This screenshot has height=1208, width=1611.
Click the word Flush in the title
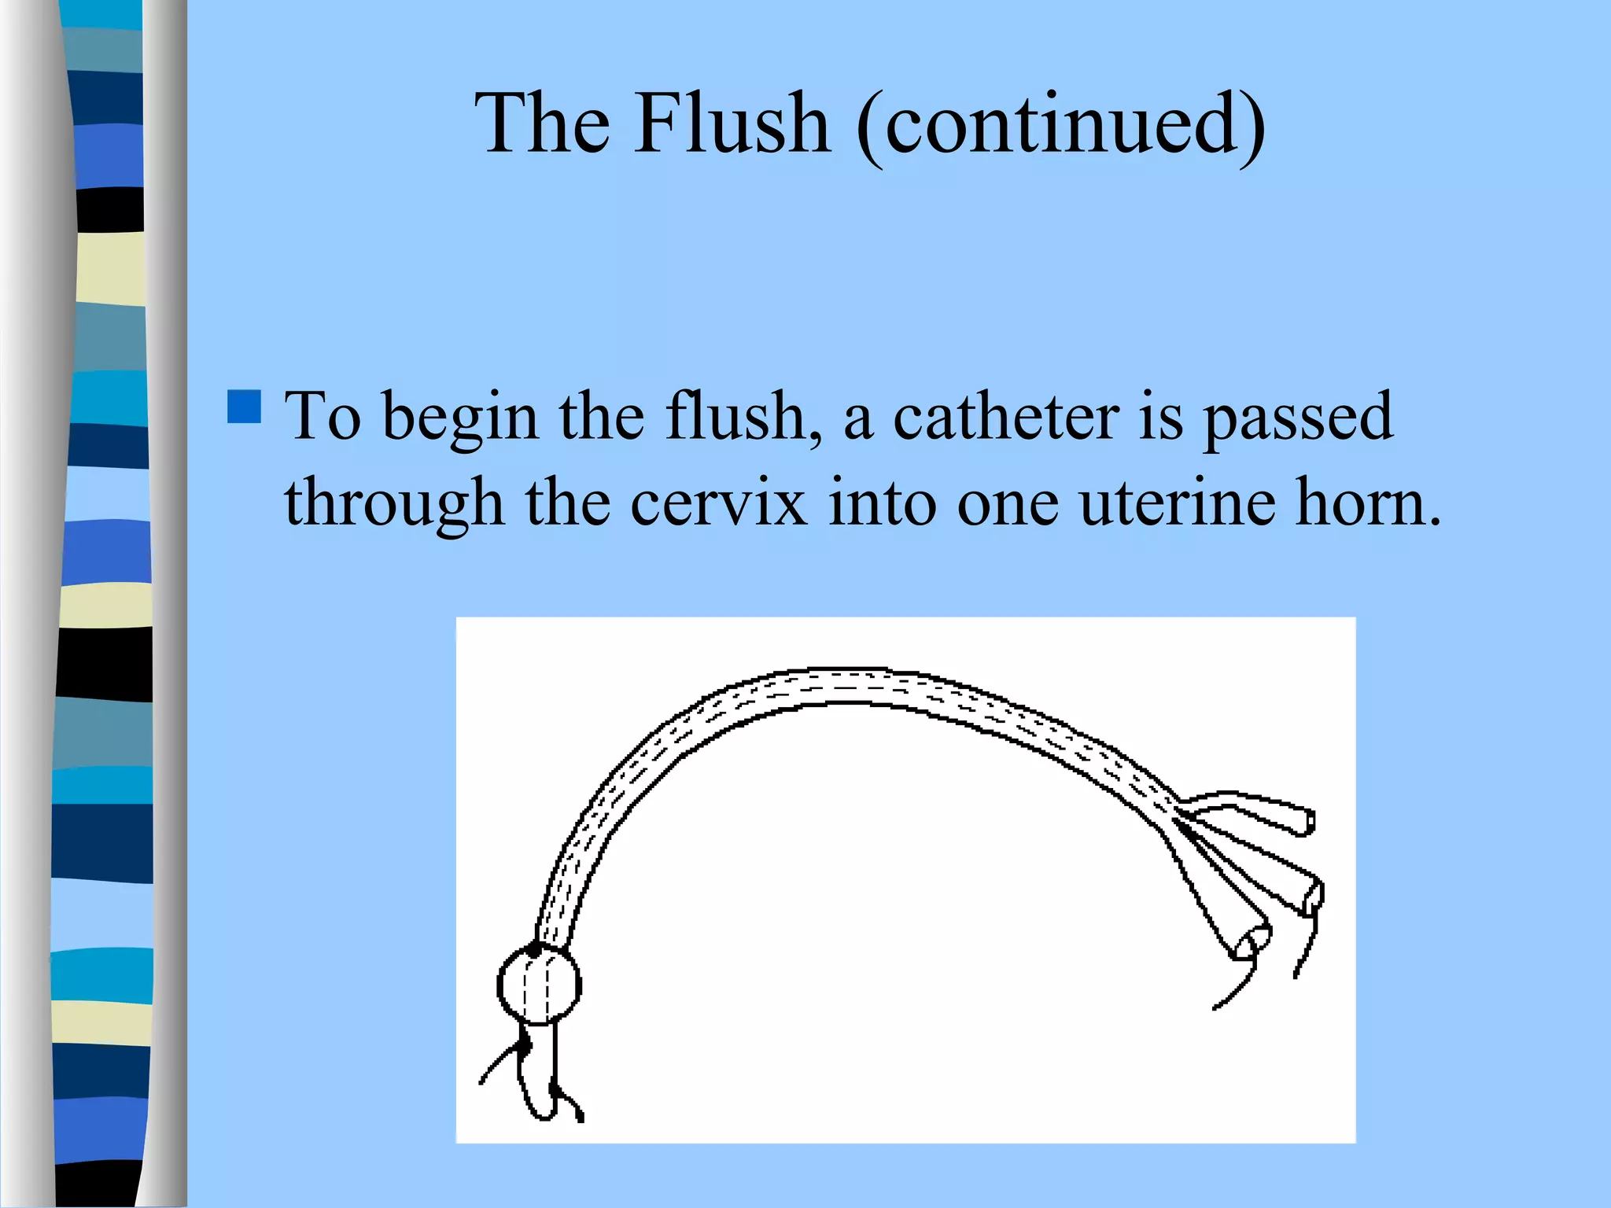(732, 123)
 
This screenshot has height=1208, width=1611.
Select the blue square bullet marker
(244, 407)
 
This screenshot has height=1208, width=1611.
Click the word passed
(1298, 417)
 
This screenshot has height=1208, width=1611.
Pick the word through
(394, 503)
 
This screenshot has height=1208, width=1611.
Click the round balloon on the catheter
(539, 984)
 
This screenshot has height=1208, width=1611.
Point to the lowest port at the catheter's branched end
(1251, 943)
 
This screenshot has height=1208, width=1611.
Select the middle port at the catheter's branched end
(1314, 896)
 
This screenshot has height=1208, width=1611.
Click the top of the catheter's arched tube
(842, 685)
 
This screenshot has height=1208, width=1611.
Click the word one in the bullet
(1008, 503)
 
